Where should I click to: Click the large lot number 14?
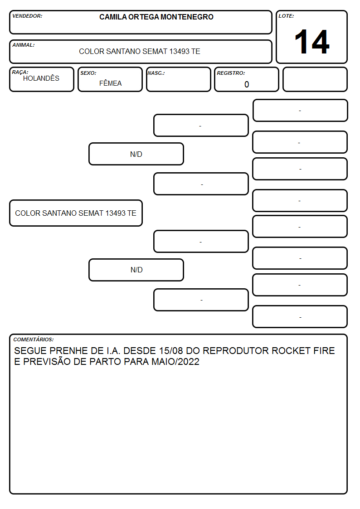click(x=312, y=42)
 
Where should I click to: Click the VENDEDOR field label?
click(x=27, y=16)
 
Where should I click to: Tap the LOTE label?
click(x=286, y=16)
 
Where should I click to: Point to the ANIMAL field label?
click(x=24, y=45)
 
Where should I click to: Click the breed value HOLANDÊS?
click(x=41, y=78)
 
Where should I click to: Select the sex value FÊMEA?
click(x=110, y=83)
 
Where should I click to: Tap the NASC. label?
click(x=156, y=73)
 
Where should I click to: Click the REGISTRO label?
click(x=231, y=73)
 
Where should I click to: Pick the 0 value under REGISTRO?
click(x=247, y=84)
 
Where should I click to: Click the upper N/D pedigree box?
click(x=136, y=154)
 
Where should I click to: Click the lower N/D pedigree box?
click(x=136, y=270)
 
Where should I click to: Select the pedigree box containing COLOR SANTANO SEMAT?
click(x=76, y=213)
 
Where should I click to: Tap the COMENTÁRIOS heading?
click(x=34, y=339)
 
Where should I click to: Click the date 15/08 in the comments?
click(x=171, y=350)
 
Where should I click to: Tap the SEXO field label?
click(x=88, y=73)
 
